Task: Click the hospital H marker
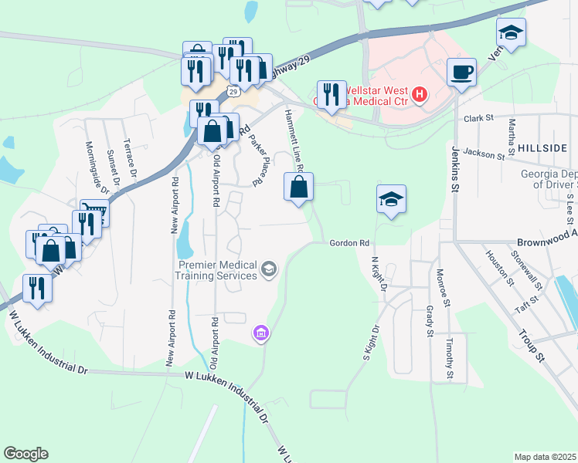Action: pos(420,95)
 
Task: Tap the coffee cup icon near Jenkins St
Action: pos(461,73)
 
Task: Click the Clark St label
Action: pos(479,118)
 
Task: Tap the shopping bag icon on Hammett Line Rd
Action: pos(299,187)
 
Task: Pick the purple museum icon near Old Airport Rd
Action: pos(260,333)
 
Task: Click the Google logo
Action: pos(25,454)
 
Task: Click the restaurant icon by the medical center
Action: pos(331,95)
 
